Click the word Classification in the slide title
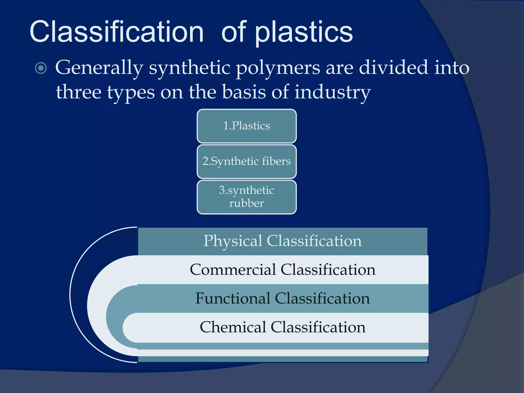(117, 32)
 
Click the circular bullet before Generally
(41, 68)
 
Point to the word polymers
(278, 68)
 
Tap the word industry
(332, 92)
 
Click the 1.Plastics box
(247, 126)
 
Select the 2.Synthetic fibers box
(247, 161)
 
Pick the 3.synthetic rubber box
(247, 197)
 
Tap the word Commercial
(233, 270)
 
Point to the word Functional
(233, 298)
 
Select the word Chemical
(233, 327)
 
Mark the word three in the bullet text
(79, 92)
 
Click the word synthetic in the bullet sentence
(190, 68)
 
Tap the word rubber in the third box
(246, 203)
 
